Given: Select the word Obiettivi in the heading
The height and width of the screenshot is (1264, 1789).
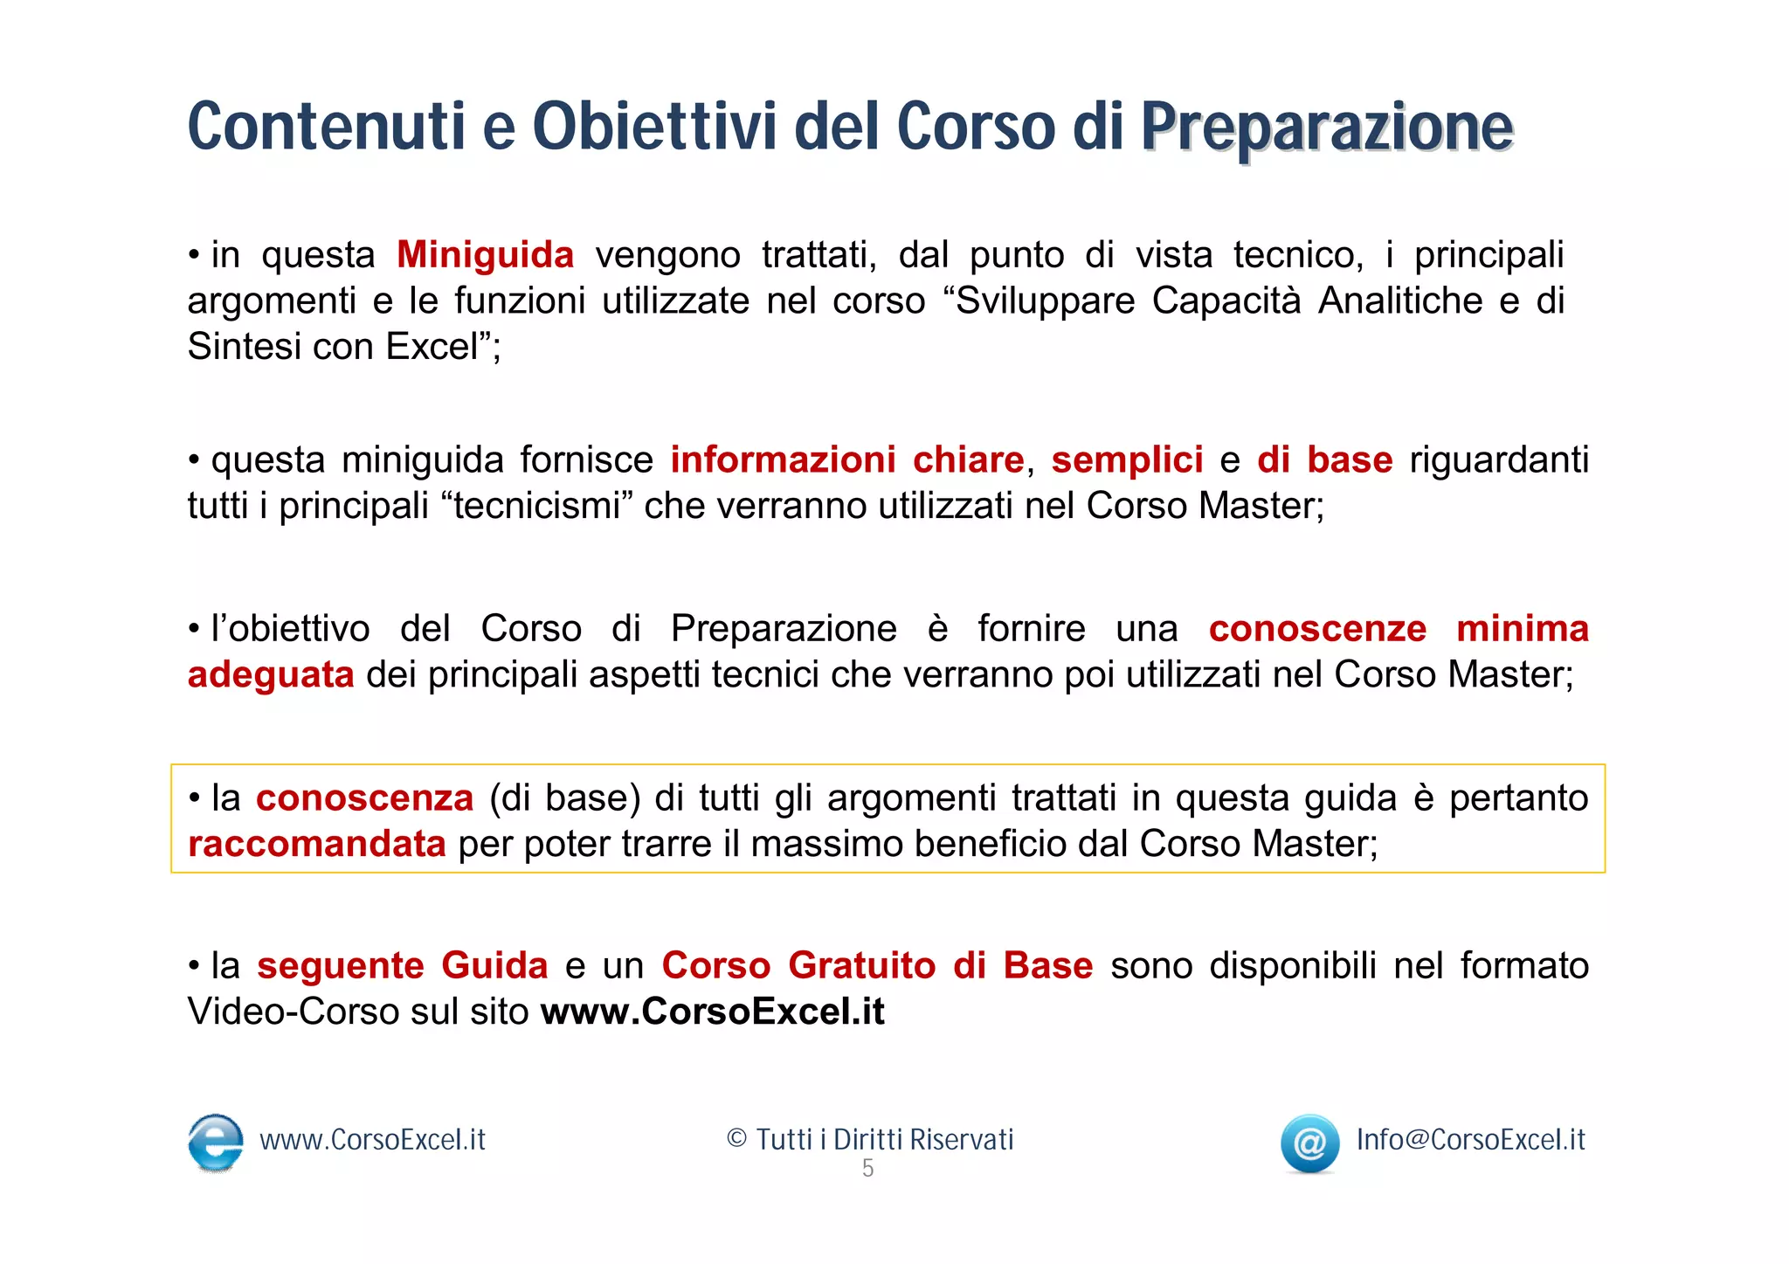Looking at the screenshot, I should coord(654,128).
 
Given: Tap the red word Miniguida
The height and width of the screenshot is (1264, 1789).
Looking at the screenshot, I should coord(485,255).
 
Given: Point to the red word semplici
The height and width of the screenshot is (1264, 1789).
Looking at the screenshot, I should coord(1127,460).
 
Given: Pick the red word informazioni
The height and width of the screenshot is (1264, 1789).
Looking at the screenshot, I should coord(783,460).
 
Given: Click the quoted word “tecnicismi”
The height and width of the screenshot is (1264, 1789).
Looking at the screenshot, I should coord(536,506).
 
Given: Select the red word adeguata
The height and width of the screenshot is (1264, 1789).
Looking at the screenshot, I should coord(271,675).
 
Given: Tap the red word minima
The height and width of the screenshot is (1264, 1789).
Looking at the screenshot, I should coord(1522,629).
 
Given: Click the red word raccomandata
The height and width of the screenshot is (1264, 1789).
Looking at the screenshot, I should coord(317,844).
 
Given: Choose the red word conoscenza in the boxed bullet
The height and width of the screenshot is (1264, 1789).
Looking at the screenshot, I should coord(364,798).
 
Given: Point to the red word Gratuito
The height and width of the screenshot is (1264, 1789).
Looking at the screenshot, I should coord(861,966).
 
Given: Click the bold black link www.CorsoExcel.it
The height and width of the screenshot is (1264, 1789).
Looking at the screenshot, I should coord(712,1012).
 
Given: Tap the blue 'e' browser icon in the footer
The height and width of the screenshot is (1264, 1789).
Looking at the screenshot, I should coord(216,1142).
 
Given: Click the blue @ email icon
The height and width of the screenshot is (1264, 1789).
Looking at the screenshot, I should coord(1309,1143).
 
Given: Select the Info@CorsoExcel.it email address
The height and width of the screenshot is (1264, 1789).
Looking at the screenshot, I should coord(1470,1140).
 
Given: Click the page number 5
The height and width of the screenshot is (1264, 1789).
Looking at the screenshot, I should coord(867,1168).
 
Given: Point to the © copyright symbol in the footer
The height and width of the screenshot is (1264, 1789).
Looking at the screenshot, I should coord(736,1139).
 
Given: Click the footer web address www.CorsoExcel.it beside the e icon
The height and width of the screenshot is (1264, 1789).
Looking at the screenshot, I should coord(372,1140).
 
